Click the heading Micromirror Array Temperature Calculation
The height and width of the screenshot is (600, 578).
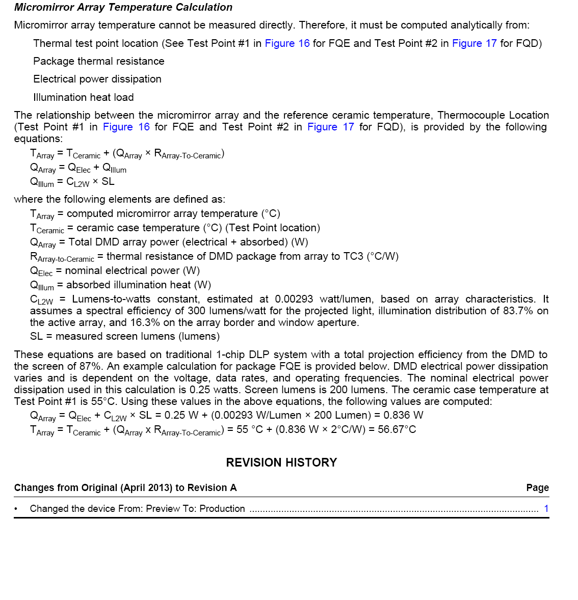coord(123,8)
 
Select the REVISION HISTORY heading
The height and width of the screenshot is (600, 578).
coord(281,462)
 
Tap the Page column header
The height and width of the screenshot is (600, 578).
coord(537,488)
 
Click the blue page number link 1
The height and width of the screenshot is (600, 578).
coord(546,508)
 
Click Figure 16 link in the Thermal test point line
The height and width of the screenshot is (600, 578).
coord(287,43)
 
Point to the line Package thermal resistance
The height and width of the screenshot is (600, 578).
coord(99,61)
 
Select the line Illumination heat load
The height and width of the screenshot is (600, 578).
coord(84,97)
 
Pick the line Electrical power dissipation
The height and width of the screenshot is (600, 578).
coord(97,79)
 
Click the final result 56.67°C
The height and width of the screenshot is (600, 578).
coord(397,429)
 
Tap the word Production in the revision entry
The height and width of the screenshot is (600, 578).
coord(222,508)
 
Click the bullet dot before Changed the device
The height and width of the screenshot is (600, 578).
coord(16,508)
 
